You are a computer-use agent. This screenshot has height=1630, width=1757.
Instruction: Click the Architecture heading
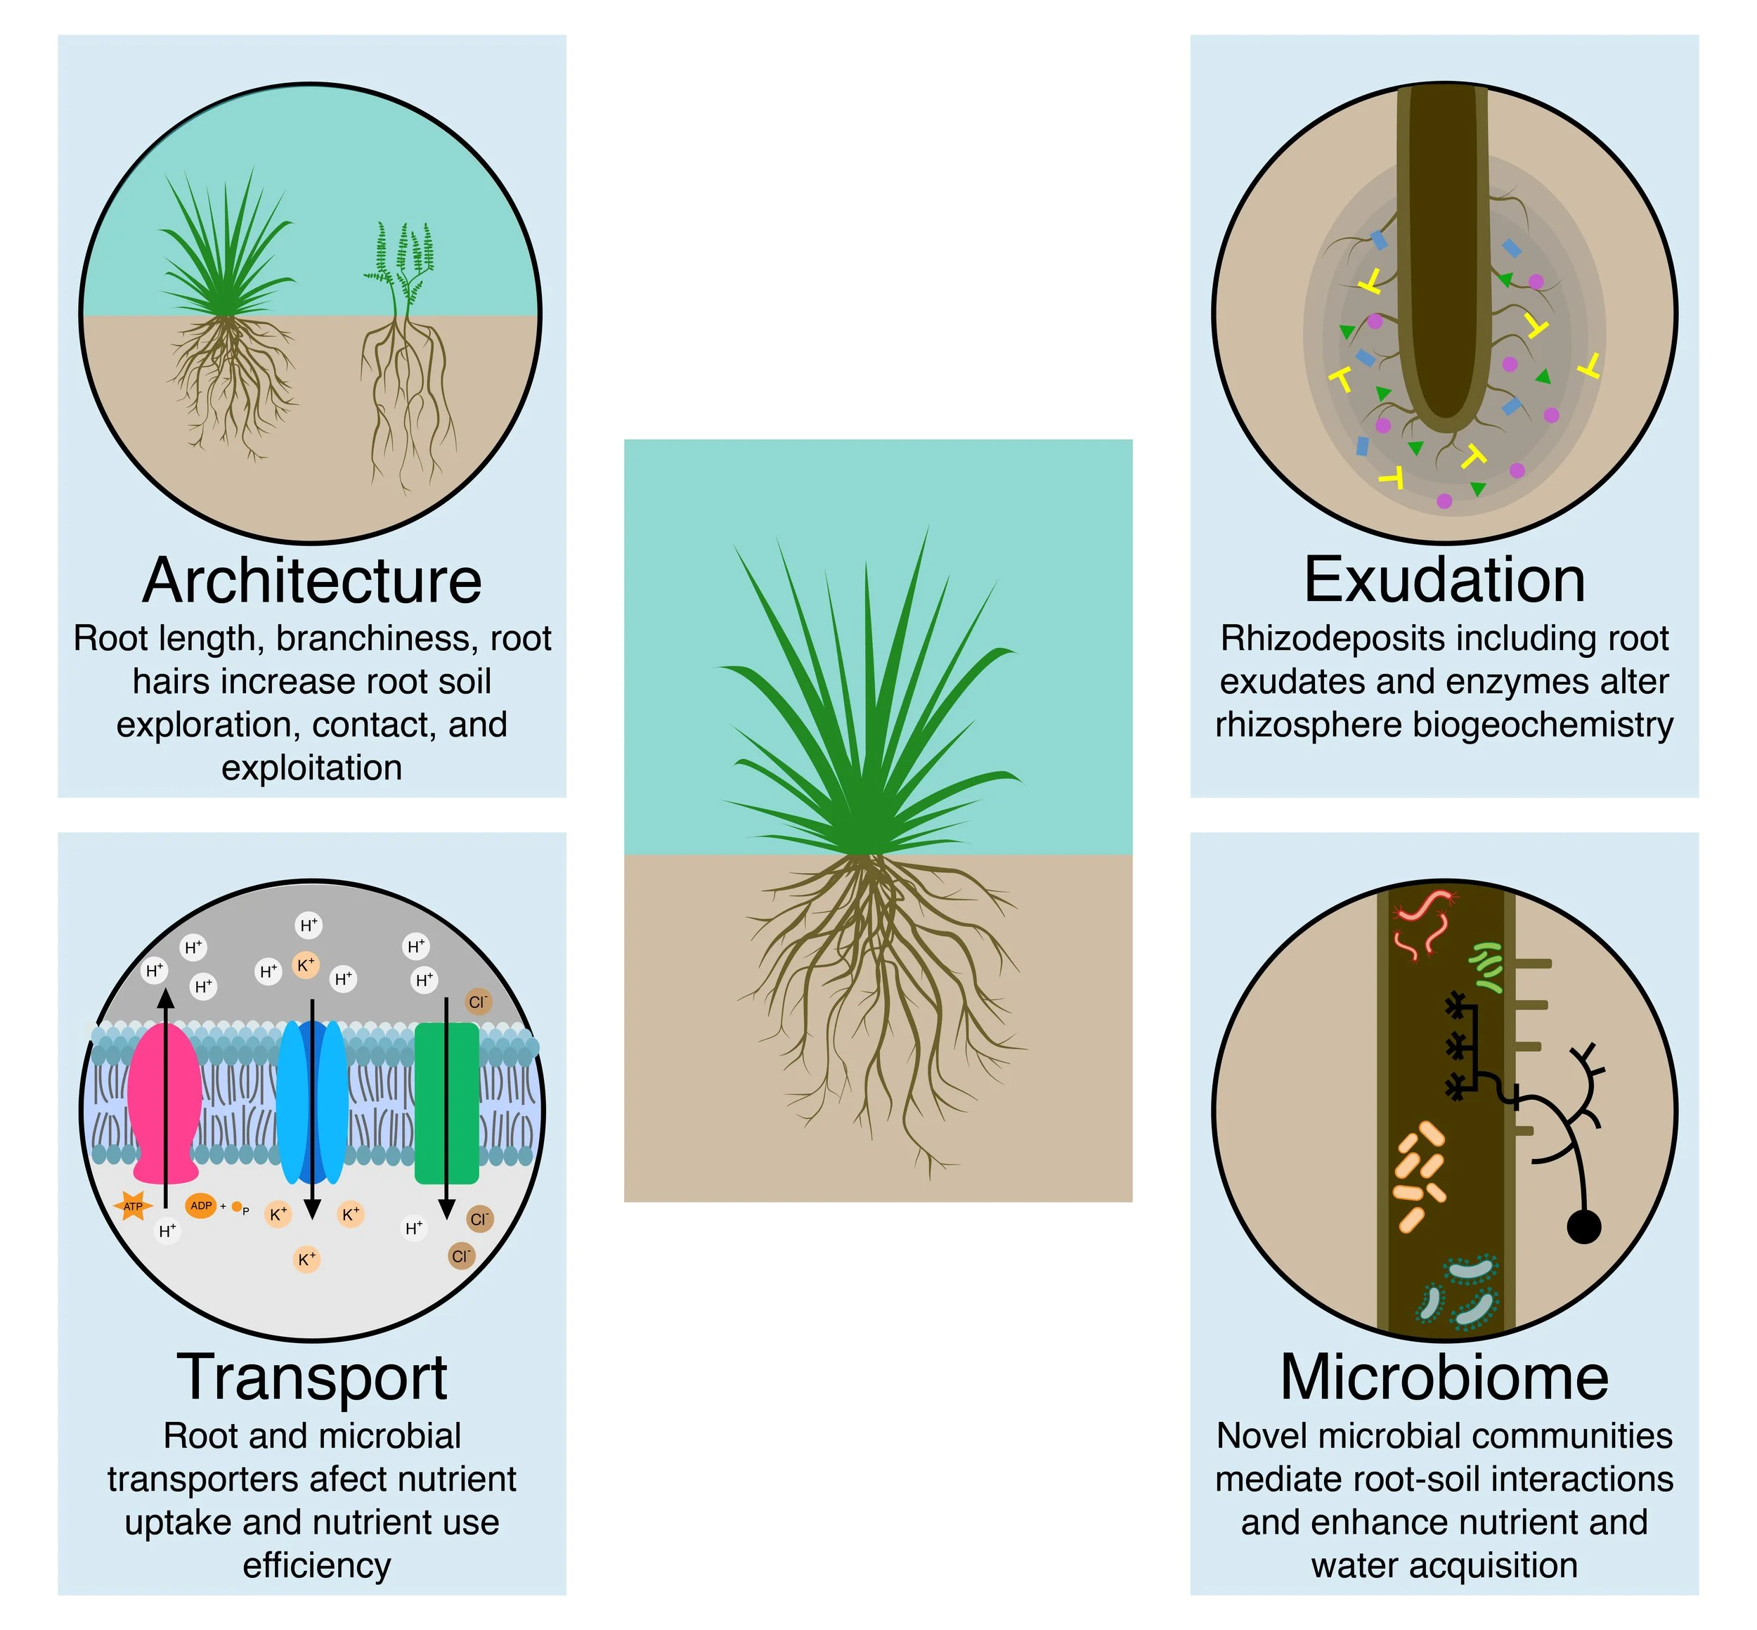[x=311, y=581]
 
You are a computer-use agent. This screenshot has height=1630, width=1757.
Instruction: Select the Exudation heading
[x=1444, y=581]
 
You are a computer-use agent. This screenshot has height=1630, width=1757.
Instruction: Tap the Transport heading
[x=311, y=1378]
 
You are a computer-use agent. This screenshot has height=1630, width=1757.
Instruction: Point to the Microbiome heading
[x=1444, y=1378]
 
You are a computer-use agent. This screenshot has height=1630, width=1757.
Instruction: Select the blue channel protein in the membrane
[x=311, y=1103]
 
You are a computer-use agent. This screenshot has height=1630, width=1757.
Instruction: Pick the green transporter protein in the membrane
[x=446, y=1103]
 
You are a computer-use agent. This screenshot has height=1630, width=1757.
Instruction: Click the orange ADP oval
[x=201, y=1205]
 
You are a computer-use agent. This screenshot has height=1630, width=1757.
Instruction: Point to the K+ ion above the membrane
[x=305, y=965]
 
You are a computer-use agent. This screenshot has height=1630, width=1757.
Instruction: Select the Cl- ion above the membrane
[x=477, y=1002]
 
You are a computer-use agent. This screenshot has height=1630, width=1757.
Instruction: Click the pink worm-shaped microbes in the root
[x=1422, y=926]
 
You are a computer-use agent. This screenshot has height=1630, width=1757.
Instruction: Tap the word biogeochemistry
[x=1543, y=725]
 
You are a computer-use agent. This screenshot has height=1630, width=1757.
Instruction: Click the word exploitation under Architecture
[x=311, y=768]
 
